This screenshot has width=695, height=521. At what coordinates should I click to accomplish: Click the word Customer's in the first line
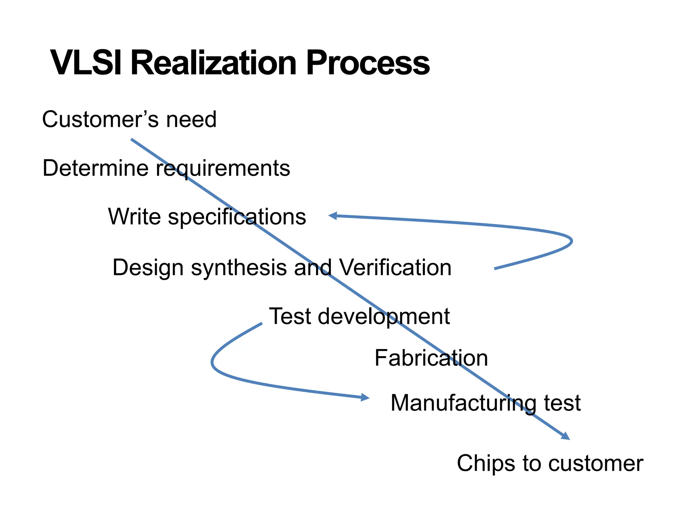(x=100, y=119)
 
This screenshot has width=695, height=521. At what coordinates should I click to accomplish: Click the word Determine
(x=95, y=168)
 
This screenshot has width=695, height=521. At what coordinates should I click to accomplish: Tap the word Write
(x=135, y=216)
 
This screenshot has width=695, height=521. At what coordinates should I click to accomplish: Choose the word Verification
(x=395, y=268)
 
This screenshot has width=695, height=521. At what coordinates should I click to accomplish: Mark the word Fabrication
(x=431, y=358)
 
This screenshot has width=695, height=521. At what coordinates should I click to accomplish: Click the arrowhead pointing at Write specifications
(x=333, y=216)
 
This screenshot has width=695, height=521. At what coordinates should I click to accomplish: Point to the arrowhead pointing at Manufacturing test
(x=365, y=397)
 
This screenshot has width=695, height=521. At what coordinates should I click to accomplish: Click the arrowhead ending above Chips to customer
(x=566, y=437)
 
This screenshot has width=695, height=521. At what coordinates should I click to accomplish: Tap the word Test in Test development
(x=290, y=316)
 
